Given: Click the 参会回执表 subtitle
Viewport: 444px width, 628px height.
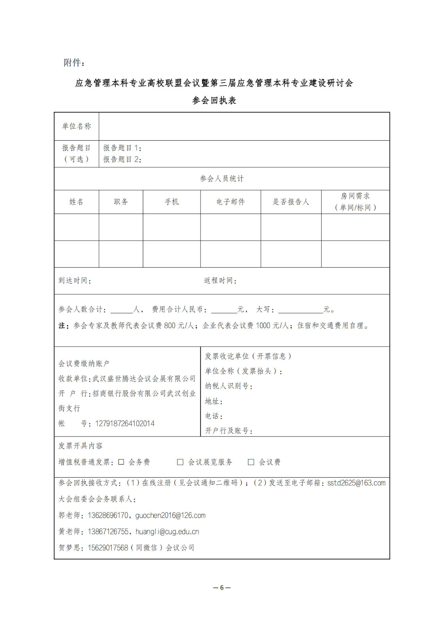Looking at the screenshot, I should [x=214, y=101].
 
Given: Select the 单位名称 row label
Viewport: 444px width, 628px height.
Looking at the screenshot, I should [x=76, y=126].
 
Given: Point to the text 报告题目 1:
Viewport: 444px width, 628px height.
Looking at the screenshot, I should [x=122, y=148].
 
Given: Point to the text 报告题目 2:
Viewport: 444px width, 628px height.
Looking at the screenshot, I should [x=122, y=160].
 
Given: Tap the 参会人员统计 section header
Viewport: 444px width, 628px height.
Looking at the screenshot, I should [x=222, y=179].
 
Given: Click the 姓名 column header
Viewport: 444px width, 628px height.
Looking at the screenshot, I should [x=76, y=202].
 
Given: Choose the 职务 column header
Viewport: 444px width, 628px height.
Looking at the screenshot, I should [x=121, y=202].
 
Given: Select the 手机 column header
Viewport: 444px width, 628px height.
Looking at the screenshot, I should [x=172, y=202].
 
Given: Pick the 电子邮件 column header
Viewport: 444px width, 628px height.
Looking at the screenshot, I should [x=231, y=202].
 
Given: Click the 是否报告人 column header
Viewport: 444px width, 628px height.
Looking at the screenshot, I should [x=291, y=202].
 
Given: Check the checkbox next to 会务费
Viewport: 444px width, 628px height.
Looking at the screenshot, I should [x=121, y=462].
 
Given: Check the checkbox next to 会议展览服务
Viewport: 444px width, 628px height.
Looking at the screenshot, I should [x=180, y=462].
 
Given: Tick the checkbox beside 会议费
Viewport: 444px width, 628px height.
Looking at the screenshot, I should [x=251, y=462].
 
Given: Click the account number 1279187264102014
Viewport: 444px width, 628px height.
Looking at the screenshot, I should [x=125, y=424].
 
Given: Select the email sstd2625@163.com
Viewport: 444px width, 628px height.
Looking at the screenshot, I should [x=356, y=483].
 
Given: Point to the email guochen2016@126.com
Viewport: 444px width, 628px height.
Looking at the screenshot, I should [x=170, y=516].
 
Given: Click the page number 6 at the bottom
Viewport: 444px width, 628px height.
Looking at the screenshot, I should [x=222, y=588].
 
